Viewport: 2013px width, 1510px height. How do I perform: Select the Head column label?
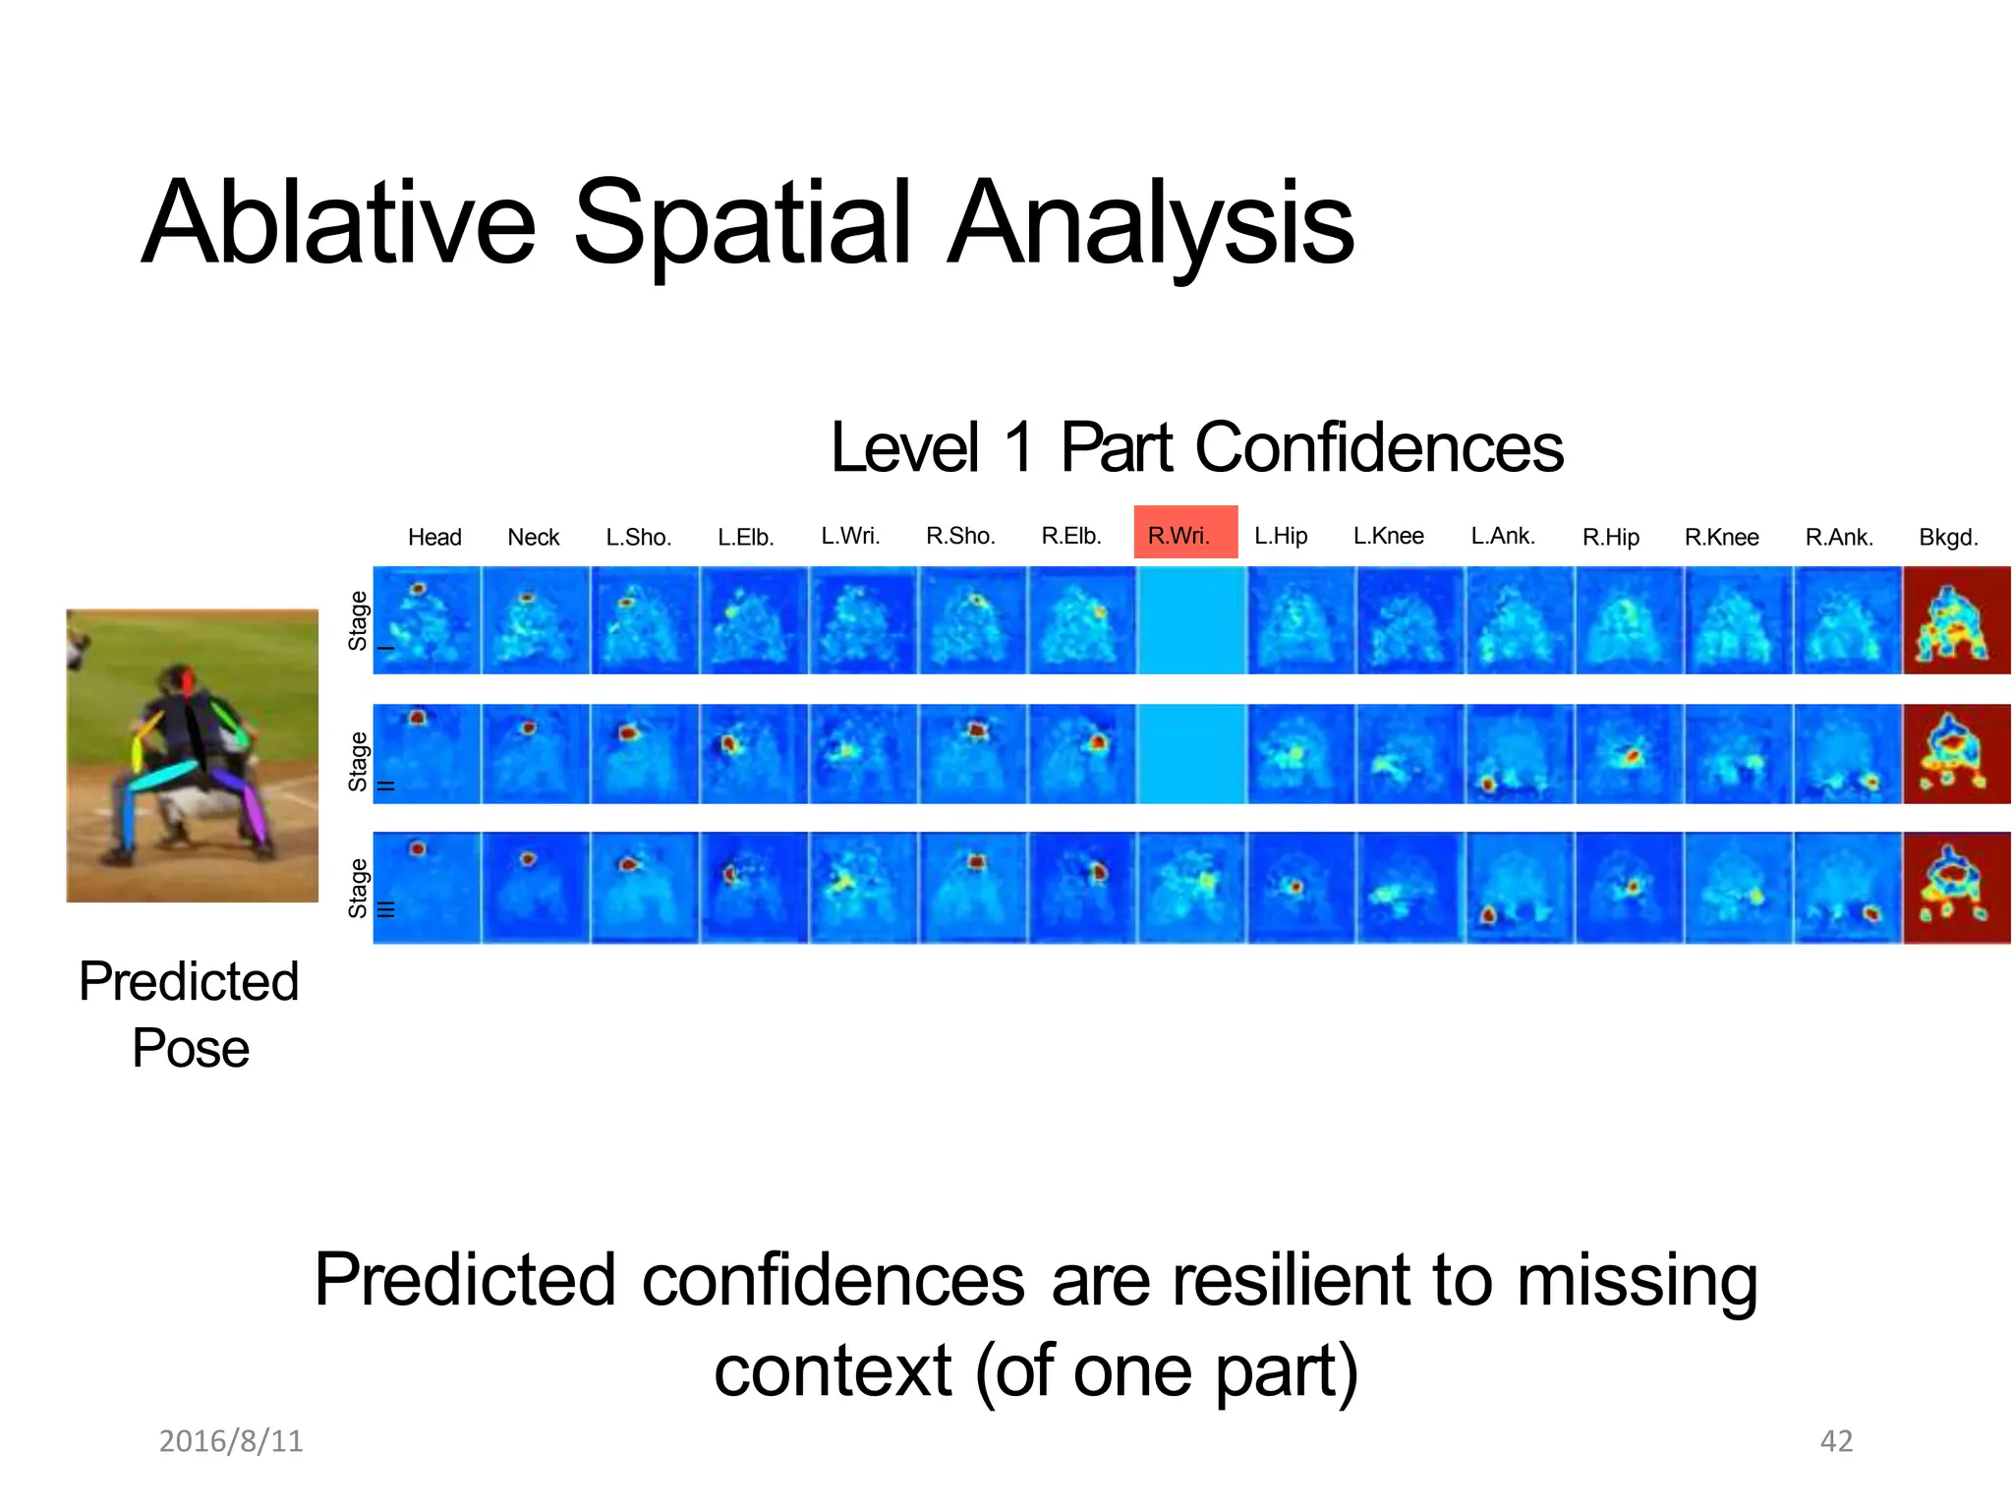(x=434, y=537)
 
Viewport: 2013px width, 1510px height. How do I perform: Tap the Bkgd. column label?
(x=1948, y=537)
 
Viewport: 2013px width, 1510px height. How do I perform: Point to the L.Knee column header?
(x=1388, y=536)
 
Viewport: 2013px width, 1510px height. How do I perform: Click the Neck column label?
(x=533, y=537)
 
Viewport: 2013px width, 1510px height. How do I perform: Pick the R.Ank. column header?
(x=1839, y=537)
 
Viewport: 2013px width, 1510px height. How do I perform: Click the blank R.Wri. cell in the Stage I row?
(x=1190, y=619)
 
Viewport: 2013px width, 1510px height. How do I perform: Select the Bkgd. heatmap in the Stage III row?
(x=1956, y=887)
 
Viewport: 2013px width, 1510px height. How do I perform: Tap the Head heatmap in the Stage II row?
(x=427, y=754)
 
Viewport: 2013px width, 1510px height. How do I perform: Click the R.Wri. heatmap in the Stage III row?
(x=1190, y=887)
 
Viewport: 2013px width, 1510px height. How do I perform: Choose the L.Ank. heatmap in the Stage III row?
(x=1520, y=887)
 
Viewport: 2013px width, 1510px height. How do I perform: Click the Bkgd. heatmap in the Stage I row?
(x=1956, y=619)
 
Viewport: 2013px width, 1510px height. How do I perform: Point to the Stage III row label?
(x=360, y=888)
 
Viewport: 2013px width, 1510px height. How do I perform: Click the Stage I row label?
(x=360, y=620)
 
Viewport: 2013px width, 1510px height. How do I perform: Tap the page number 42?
(x=1836, y=1440)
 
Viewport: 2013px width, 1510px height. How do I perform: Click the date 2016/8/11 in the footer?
(x=231, y=1440)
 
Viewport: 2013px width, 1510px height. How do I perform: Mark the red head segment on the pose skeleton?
(x=186, y=679)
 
